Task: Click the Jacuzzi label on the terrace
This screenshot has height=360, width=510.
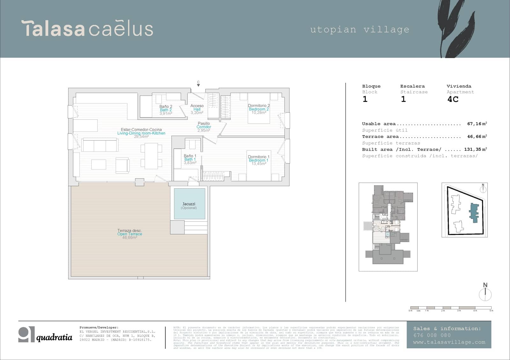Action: tap(189, 204)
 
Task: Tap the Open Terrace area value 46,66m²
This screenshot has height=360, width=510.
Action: tap(130, 238)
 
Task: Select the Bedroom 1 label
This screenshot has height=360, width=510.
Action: tap(259, 160)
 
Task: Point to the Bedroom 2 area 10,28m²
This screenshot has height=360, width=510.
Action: tap(259, 113)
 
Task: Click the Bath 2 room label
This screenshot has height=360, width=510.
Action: tap(166, 110)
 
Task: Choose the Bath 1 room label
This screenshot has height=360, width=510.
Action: tap(190, 159)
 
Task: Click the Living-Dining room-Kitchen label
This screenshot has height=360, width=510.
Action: tap(141, 133)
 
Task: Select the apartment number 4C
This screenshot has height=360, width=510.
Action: tap(453, 99)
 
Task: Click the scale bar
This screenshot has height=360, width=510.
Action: tap(451, 308)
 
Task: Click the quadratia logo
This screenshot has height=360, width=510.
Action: tap(45, 335)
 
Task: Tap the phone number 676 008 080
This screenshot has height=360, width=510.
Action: tap(432, 335)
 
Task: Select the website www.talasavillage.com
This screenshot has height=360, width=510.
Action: tap(449, 342)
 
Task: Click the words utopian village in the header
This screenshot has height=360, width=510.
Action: tap(360, 30)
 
